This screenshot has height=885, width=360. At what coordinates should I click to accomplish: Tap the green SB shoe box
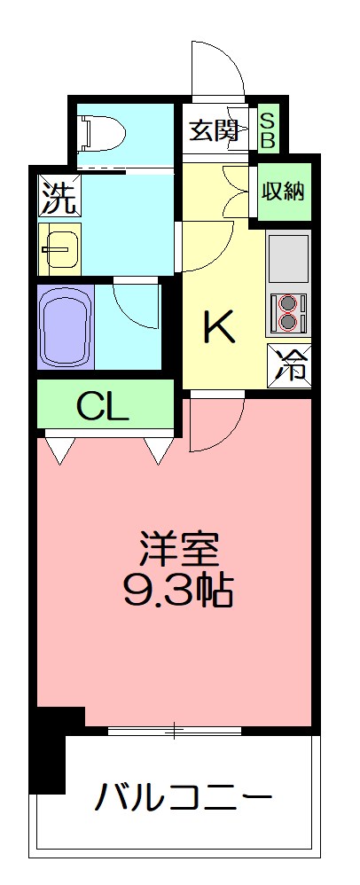266,130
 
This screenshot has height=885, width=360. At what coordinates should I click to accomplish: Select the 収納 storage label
284,190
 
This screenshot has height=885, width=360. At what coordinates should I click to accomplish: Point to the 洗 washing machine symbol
58,195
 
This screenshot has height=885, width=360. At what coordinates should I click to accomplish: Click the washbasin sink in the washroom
59,249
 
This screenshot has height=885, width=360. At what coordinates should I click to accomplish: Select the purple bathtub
66,325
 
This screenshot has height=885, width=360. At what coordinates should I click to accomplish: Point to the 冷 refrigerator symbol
289,364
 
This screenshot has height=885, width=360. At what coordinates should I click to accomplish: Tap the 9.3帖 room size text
177,592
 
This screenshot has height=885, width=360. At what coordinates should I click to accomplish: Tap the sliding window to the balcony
175,732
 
